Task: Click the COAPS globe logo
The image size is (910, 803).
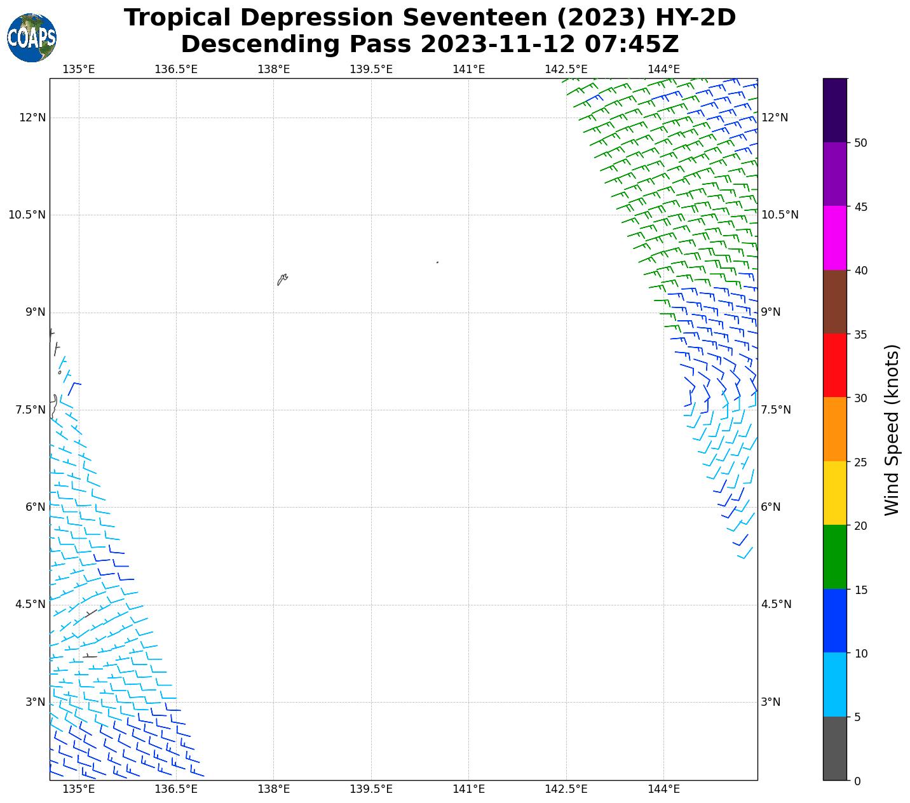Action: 32,38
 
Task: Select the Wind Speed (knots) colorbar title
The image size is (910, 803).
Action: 892,429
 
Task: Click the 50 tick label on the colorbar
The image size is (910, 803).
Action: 861,143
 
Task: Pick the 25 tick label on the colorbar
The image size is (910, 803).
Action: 861,462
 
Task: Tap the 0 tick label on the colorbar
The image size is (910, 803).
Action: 858,781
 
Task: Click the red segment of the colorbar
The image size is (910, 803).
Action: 834,365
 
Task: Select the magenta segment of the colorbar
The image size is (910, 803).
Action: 834,238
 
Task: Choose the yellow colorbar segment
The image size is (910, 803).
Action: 834,493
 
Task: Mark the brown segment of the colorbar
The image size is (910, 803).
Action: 834,302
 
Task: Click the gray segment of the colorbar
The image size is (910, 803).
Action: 834,748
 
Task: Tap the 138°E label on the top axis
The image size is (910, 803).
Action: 274,69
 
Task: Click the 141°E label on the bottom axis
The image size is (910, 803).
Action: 469,789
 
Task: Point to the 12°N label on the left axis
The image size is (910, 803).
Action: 32,118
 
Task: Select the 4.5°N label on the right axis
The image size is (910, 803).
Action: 776,604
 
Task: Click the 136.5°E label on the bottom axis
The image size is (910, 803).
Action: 176,789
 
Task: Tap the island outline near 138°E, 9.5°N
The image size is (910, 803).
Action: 282,280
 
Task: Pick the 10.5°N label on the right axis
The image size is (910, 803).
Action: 780,215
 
